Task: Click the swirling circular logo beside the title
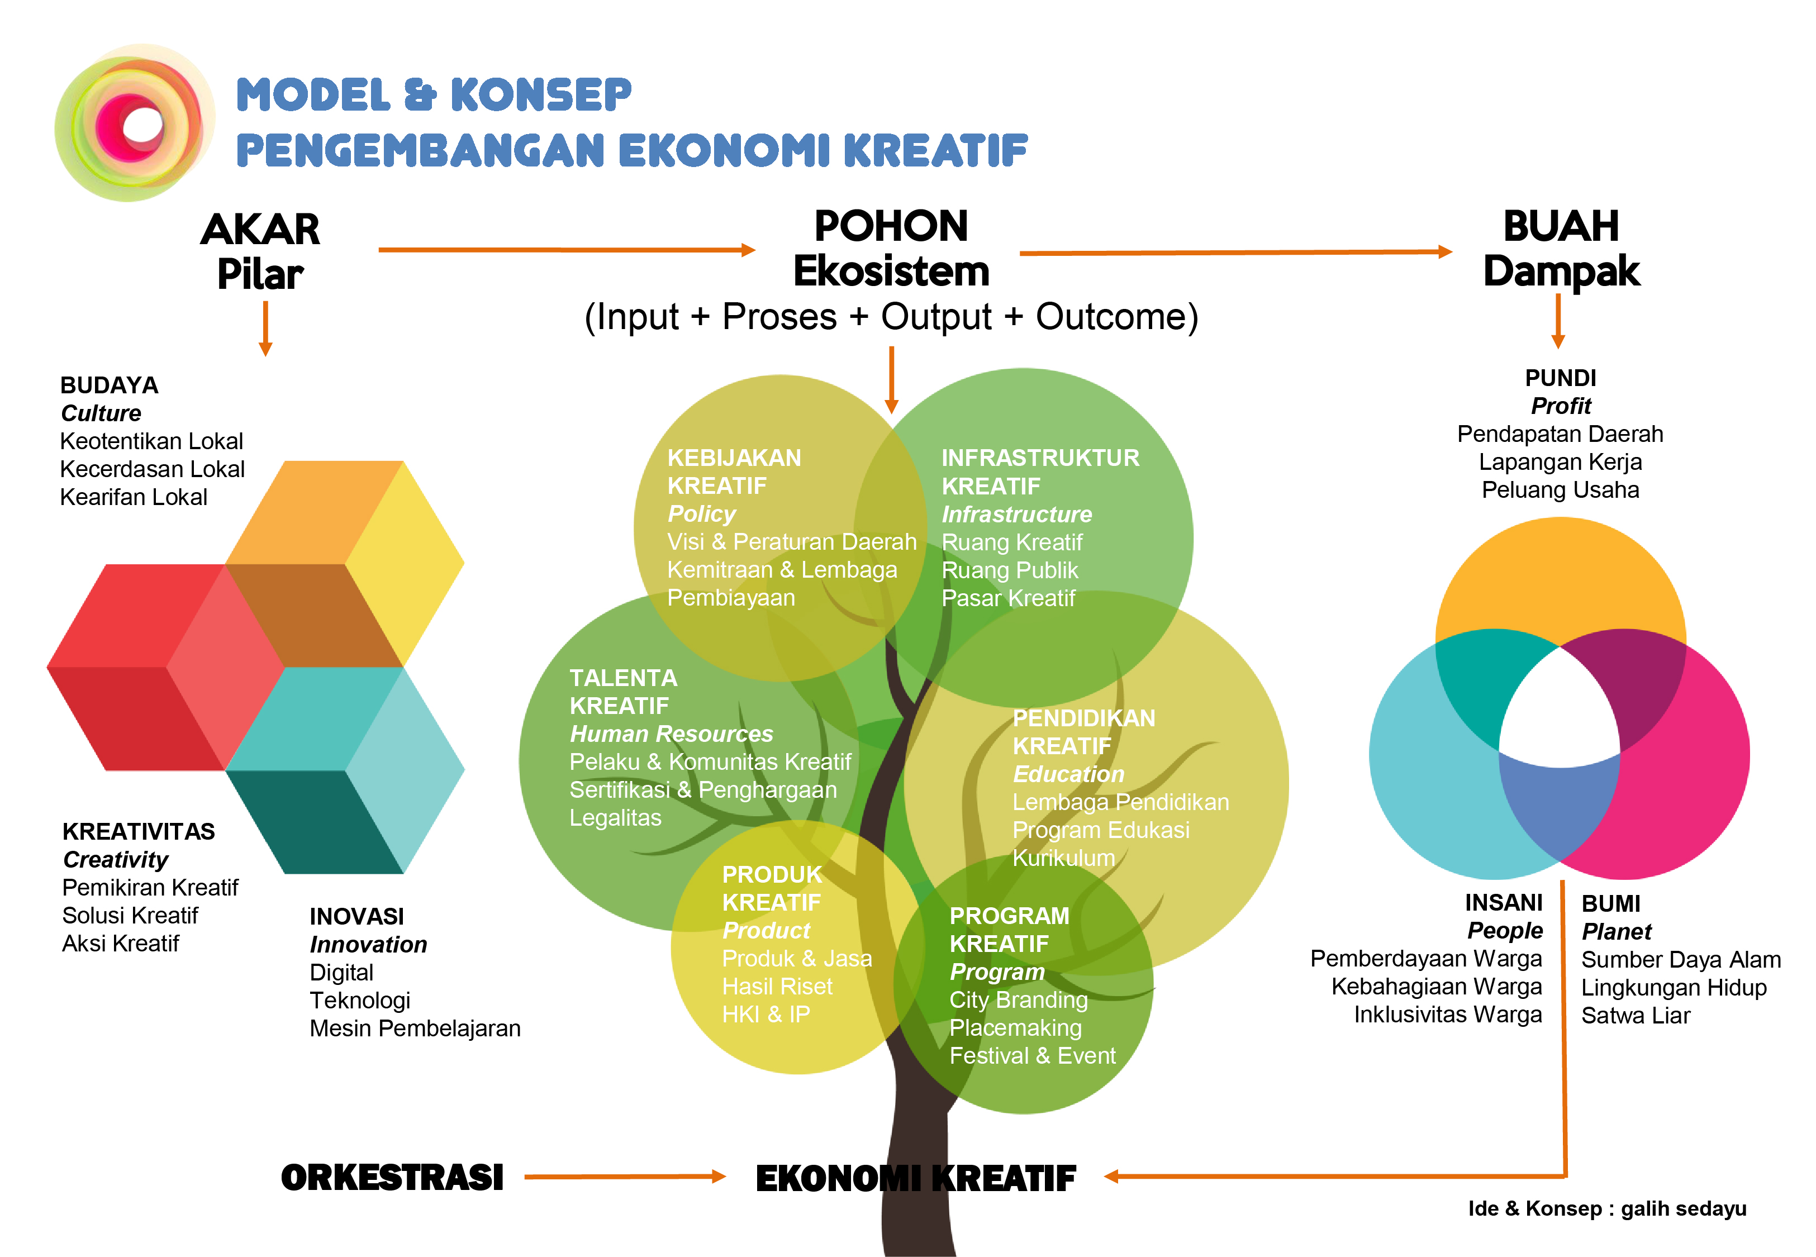(x=134, y=123)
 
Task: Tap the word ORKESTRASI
(x=392, y=1178)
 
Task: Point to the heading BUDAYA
(x=110, y=385)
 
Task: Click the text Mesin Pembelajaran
(x=415, y=1028)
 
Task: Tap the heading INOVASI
(x=356, y=916)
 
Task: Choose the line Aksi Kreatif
(x=121, y=943)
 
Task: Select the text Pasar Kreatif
(x=1008, y=598)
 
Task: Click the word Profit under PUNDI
(x=1560, y=406)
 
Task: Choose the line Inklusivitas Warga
(x=1447, y=1015)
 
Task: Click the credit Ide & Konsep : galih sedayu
(x=1606, y=1208)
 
